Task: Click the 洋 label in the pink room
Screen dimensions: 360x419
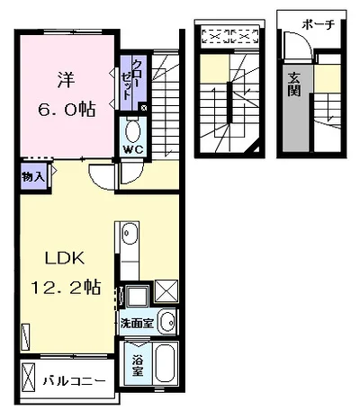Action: click(66, 81)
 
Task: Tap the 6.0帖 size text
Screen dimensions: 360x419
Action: click(67, 109)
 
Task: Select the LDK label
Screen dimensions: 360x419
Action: click(65, 258)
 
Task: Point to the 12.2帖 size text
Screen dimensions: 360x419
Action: click(66, 287)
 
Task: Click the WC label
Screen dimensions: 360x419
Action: click(133, 150)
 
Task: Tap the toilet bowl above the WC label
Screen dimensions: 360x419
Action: click(133, 131)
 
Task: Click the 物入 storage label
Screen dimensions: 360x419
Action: click(33, 177)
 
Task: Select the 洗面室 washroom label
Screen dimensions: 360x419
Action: click(137, 323)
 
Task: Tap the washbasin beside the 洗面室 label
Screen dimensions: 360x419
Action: click(166, 322)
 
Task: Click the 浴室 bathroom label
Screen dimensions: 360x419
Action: click(138, 365)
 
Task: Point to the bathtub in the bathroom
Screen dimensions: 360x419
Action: click(166, 363)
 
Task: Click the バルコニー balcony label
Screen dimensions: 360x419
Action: click(74, 381)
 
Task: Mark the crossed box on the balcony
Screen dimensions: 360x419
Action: click(29, 378)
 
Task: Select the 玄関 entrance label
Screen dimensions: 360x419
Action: click(294, 85)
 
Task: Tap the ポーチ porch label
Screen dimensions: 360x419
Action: click(318, 24)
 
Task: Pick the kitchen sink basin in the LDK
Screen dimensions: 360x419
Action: click(130, 233)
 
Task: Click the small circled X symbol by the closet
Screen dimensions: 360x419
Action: click(144, 108)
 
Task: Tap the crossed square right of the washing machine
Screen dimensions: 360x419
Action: click(166, 291)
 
